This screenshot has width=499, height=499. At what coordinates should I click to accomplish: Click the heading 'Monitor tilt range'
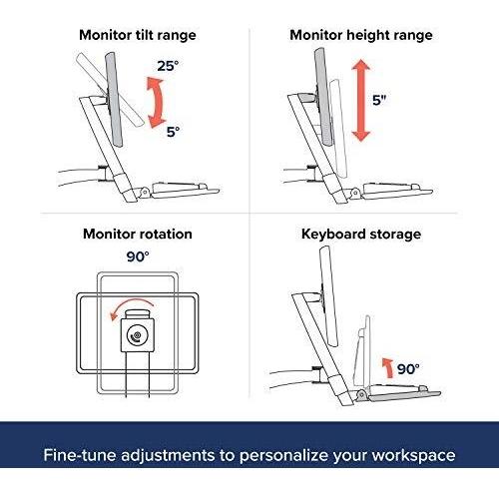pos(138,36)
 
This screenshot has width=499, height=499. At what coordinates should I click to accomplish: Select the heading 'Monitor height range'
pos(361,36)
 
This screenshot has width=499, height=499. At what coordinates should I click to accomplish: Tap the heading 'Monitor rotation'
pos(138,234)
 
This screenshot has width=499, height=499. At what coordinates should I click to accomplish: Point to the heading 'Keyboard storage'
pos(361,235)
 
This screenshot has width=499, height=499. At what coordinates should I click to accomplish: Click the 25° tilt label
pos(168,66)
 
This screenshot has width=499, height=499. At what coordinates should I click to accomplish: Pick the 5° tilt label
pos(173,132)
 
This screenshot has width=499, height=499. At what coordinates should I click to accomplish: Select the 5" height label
pos(379,100)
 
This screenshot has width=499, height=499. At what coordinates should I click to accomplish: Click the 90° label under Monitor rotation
pos(138,256)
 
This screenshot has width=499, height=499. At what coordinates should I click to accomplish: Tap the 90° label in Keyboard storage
pos(408,369)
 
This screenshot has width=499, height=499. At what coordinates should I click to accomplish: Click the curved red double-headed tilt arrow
pos(160,102)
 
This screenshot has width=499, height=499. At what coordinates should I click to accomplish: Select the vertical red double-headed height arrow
pos(361,100)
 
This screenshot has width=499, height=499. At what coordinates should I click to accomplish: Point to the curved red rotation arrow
pos(132,303)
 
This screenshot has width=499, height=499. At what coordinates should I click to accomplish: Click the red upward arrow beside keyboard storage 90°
pos(387,367)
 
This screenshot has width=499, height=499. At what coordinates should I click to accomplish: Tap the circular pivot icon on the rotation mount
pos(137,335)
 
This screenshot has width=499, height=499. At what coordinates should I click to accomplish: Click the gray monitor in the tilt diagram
pos(114,99)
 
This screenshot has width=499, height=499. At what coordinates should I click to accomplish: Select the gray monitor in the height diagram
pos(323,97)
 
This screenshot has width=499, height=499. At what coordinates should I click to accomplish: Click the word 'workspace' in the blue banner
pos(413,455)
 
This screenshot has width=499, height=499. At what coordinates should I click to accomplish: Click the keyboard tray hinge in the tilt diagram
pos(145,192)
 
